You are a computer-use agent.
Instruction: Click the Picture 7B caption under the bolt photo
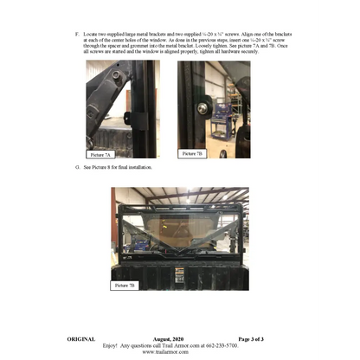pyautogui.click(x=193, y=153)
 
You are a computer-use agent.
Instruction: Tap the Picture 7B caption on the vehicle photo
pyautogui.click(x=126, y=285)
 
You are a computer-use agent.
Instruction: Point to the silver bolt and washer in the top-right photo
pyautogui.click(x=202, y=108)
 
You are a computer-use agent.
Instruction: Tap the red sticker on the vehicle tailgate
pyautogui.click(x=181, y=269)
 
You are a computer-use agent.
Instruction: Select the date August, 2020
pyautogui.click(x=180, y=337)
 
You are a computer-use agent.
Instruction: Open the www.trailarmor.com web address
pyautogui.click(x=179, y=352)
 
